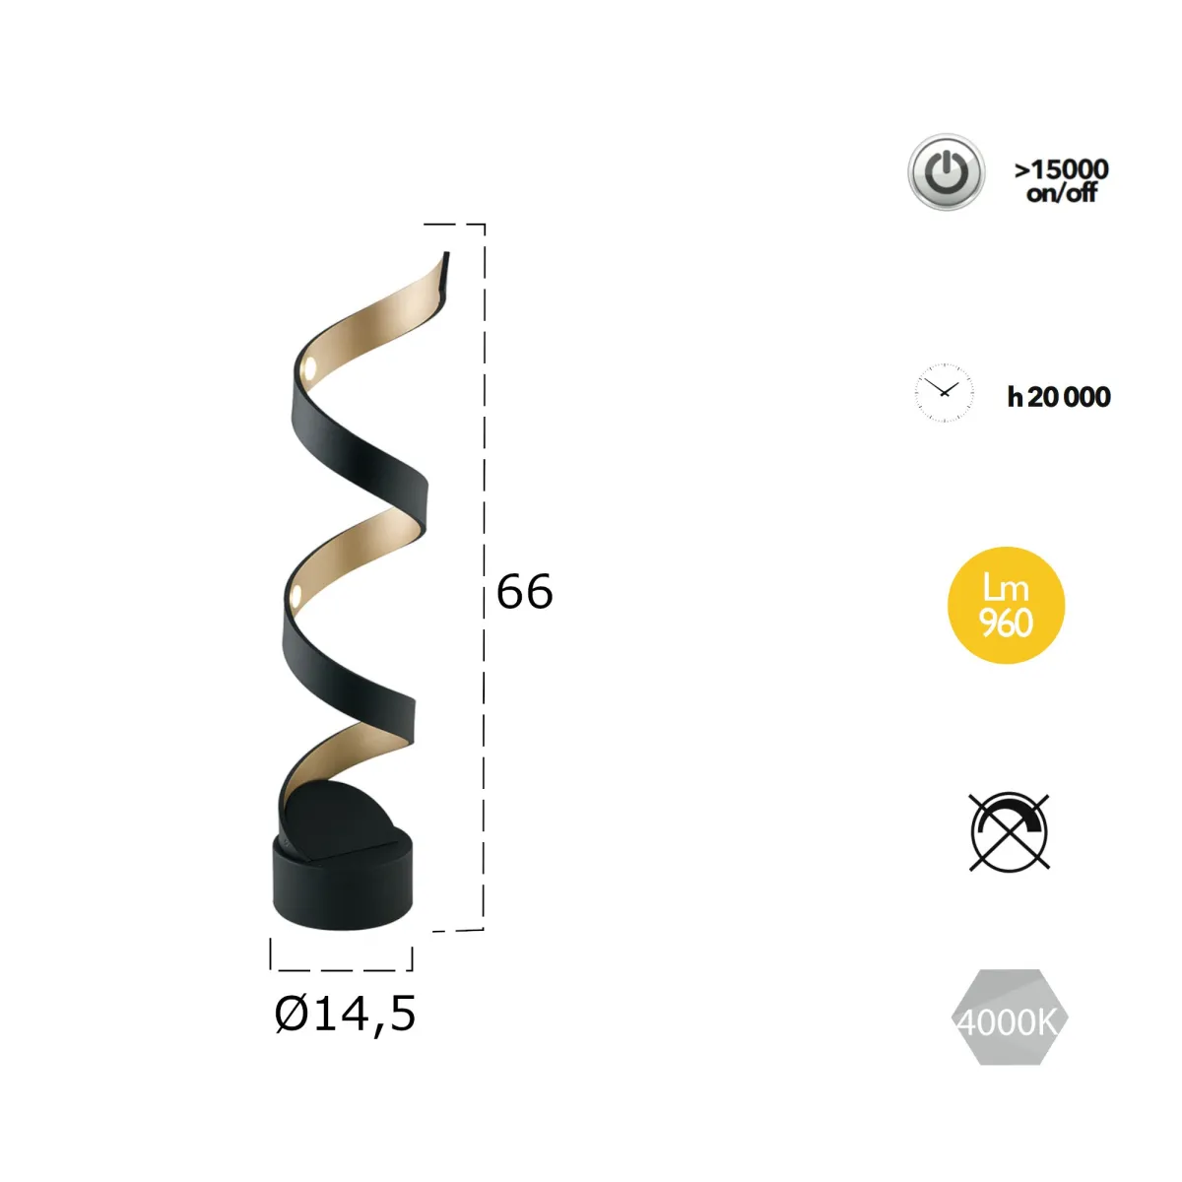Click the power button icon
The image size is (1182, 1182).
[946, 172]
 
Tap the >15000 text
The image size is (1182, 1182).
[1062, 169]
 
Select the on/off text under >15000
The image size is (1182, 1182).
[1062, 193]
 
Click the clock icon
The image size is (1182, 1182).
[944, 393]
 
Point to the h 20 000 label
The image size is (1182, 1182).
[1059, 397]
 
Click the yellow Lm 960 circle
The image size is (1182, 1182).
[1006, 605]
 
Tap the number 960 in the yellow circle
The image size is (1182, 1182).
[1006, 624]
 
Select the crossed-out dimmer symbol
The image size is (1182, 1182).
[1009, 832]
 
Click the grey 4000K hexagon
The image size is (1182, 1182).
[1009, 1018]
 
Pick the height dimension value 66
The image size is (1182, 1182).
[524, 592]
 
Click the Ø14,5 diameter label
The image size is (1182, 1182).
[345, 1014]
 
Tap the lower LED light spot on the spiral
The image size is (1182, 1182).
[295, 594]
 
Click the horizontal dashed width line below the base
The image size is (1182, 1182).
[342, 969]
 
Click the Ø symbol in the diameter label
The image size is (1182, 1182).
[291, 1014]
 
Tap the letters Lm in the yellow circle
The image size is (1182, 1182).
[1006, 588]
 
